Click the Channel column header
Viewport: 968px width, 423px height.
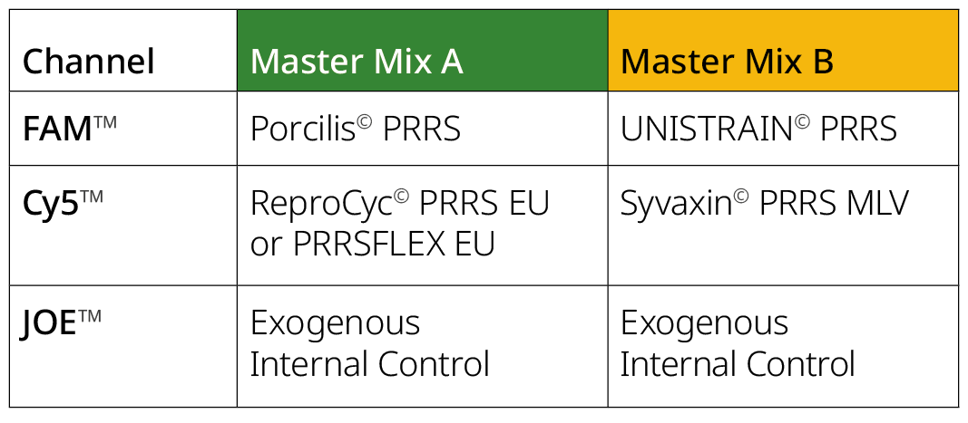pyautogui.click(x=88, y=62)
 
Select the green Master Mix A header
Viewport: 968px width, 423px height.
pyautogui.click(x=356, y=62)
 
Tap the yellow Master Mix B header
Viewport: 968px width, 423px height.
pyautogui.click(x=727, y=62)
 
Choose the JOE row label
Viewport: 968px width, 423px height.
pyautogui.click(x=57, y=323)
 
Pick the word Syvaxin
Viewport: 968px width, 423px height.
pyautogui.click(x=676, y=205)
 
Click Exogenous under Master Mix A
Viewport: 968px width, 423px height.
pyautogui.click(x=335, y=323)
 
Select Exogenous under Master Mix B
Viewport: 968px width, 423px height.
pyautogui.click(x=705, y=323)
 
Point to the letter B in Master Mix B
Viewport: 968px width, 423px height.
pyautogui.click(x=819, y=62)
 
